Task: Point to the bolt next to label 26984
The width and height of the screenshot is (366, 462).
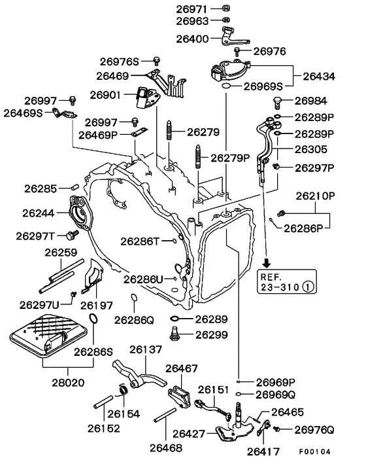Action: pyautogui.click(x=276, y=101)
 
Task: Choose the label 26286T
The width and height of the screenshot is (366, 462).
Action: pyautogui.click(x=142, y=241)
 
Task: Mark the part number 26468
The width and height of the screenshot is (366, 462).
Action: pyautogui.click(x=166, y=448)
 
